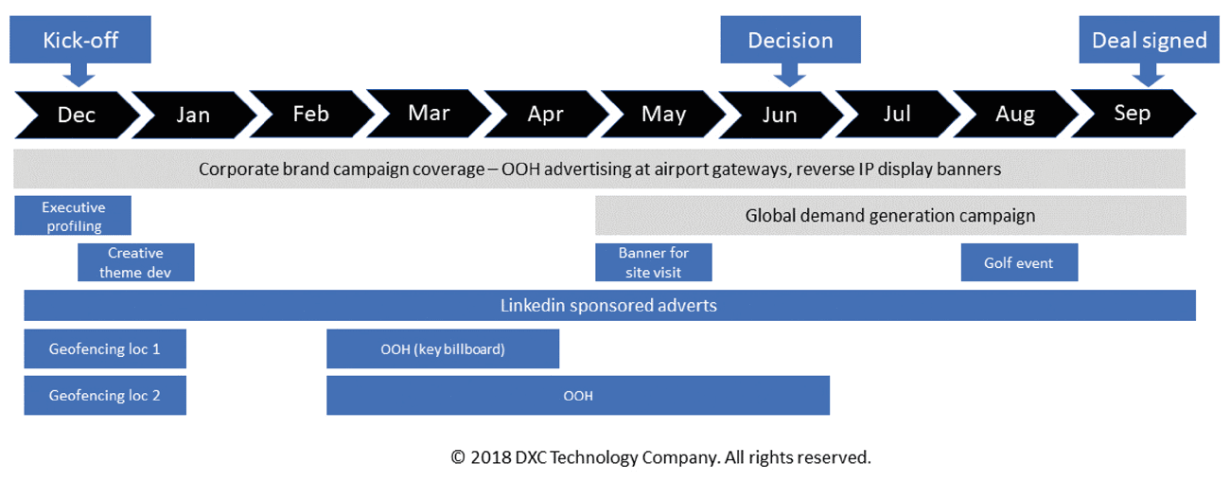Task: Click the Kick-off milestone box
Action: pyautogui.click(x=80, y=40)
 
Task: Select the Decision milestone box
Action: pyautogui.click(x=790, y=40)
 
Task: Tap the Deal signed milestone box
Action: pyautogui.click(x=1149, y=40)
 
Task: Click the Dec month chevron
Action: pyautogui.click(x=77, y=115)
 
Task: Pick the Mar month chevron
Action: pyautogui.click(x=429, y=114)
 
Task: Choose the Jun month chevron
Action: pyautogui.click(x=781, y=115)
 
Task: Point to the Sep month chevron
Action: pyautogui.click(x=1133, y=114)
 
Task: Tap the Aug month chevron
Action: pyautogui.click(x=1015, y=114)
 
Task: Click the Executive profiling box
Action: pyautogui.click(x=73, y=216)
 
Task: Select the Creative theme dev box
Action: pyautogui.click(x=135, y=262)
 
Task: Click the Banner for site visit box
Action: pyautogui.click(x=654, y=262)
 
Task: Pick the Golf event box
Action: pyautogui.click(x=1019, y=262)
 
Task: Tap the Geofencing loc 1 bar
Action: pyautogui.click(x=105, y=348)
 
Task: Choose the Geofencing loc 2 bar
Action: pyautogui.click(x=105, y=395)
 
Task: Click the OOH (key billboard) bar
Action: pyautogui.click(x=443, y=348)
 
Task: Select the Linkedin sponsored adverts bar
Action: pyautogui.click(x=609, y=305)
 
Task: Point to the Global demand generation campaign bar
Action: pyautogui.click(x=890, y=216)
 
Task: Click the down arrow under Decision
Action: pyautogui.click(x=790, y=75)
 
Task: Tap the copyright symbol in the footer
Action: pyautogui.click(x=458, y=457)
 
